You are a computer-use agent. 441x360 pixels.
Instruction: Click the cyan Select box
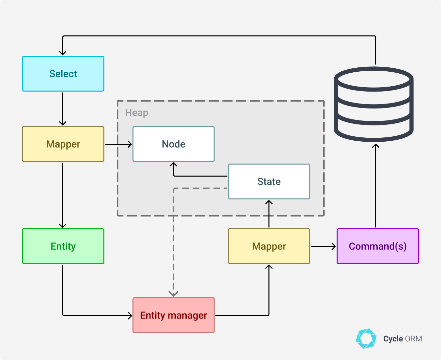tap(63, 74)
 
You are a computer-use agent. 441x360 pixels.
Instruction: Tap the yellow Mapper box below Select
tap(63, 144)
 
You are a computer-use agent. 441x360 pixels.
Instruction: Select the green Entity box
tap(63, 246)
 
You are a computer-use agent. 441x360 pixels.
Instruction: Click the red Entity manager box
tap(173, 315)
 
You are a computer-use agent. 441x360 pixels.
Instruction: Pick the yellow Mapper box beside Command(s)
tap(269, 246)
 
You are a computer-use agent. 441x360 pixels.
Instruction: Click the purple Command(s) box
tap(378, 246)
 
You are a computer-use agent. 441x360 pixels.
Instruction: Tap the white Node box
tap(173, 144)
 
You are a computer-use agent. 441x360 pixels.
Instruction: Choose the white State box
tap(269, 181)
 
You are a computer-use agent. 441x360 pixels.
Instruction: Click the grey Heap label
tap(137, 113)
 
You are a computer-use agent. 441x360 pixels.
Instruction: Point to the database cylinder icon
tap(374, 104)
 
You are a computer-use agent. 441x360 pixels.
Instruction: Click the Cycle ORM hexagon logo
tap(366, 339)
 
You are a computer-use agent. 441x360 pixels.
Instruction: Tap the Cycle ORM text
tap(403, 339)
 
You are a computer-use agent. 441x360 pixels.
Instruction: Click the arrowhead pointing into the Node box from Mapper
tap(130, 144)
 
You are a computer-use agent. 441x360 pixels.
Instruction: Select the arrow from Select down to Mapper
tap(63, 108)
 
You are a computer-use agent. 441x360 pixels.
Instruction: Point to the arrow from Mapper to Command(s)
tap(323, 246)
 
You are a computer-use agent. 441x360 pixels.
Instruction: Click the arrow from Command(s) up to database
tap(376, 186)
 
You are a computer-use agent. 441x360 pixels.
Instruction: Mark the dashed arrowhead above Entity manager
tap(173, 293)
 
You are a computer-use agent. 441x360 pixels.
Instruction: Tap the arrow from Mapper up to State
tap(269, 214)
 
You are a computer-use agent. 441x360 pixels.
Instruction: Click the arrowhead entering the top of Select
tap(63, 52)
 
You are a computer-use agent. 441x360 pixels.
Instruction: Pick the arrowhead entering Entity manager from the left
tap(130, 316)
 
